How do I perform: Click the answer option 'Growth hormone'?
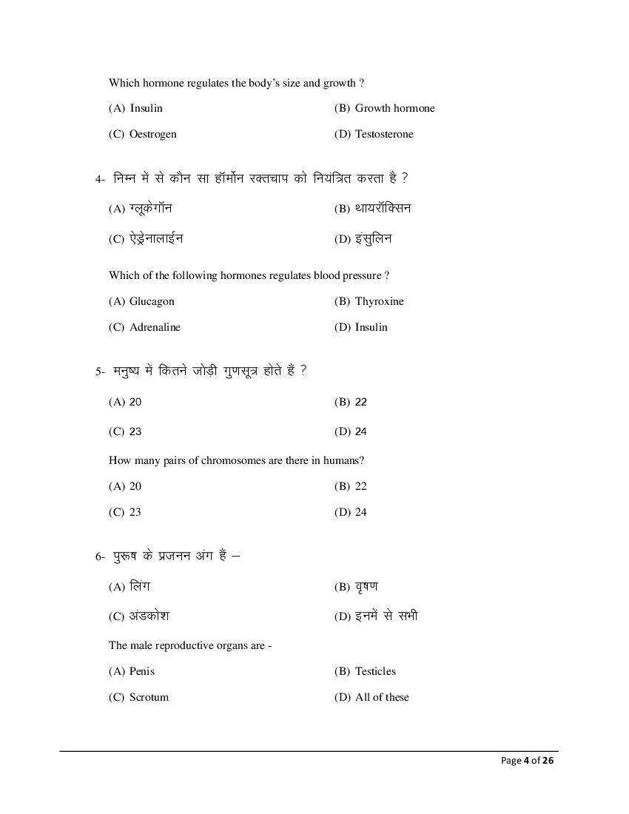(x=394, y=108)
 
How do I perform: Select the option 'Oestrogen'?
(x=152, y=134)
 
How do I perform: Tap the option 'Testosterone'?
(x=384, y=134)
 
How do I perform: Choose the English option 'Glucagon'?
(x=152, y=301)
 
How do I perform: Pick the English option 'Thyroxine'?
(x=379, y=301)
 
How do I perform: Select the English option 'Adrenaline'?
(x=155, y=327)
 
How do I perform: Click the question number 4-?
(x=101, y=179)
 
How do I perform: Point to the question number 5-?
(x=101, y=371)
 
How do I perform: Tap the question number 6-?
(x=101, y=556)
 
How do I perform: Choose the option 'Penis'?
(x=142, y=671)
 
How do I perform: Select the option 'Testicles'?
(x=375, y=671)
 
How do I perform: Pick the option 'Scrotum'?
(x=149, y=697)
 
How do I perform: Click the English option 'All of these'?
(x=382, y=697)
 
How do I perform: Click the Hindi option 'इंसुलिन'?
(x=374, y=238)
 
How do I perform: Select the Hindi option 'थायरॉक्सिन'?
(x=383, y=208)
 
